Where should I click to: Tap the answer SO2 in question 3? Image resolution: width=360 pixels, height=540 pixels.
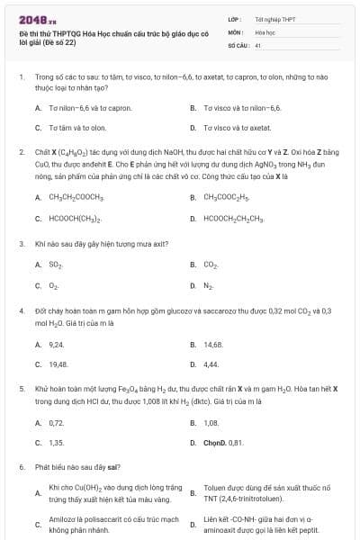(56, 265)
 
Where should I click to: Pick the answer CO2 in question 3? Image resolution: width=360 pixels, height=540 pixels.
(211, 265)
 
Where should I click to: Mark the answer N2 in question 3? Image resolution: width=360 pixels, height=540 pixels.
(209, 286)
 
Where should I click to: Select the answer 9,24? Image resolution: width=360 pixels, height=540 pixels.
(57, 344)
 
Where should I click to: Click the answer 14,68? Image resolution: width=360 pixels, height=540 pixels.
(213, 344)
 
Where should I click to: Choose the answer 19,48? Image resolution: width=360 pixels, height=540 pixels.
(58, 364)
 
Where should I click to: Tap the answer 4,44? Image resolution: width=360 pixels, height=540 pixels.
(211, 364)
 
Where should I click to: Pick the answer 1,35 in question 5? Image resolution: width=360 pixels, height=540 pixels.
(57, 443)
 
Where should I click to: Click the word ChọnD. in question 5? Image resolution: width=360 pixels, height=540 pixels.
(215, 443)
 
